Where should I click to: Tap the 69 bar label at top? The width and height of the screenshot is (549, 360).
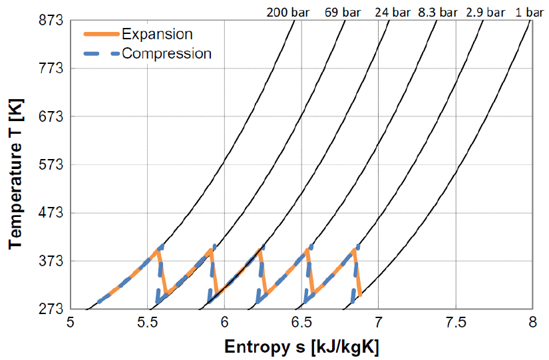click(342, 12)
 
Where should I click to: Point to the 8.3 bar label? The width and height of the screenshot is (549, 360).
click(439, 12)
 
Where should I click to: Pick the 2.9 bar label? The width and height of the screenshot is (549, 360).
click(486, 12)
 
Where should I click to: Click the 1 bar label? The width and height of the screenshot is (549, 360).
click(530, 12)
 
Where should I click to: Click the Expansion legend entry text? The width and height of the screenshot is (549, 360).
click(158, 34)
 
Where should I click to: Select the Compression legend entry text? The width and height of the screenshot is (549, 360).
click(167, 53)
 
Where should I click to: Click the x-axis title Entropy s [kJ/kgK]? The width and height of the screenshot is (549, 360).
click(301, 347)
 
